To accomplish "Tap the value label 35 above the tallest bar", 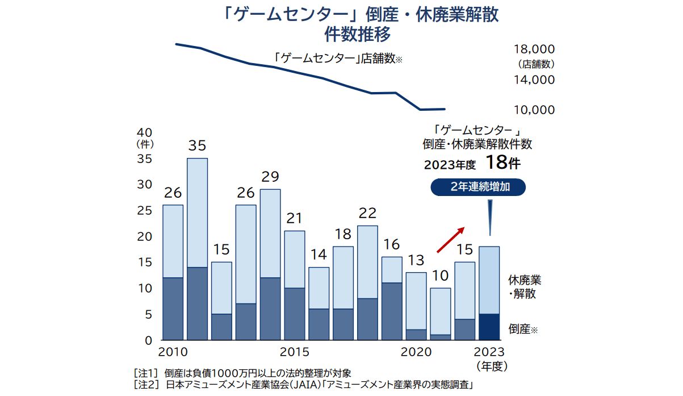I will pos(197,146).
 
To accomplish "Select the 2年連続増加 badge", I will pos(478,187).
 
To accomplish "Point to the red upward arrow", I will pos(451,239).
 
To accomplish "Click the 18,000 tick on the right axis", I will pos(534,49).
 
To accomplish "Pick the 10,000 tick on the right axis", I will pos(534,110).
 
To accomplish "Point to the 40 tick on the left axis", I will pos(145,132).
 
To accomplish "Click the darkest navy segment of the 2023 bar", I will pos(489,327).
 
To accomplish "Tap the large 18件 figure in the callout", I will pos(502,163).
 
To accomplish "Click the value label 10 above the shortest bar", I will pos(441,276).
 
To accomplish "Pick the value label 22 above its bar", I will pos(367,213).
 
